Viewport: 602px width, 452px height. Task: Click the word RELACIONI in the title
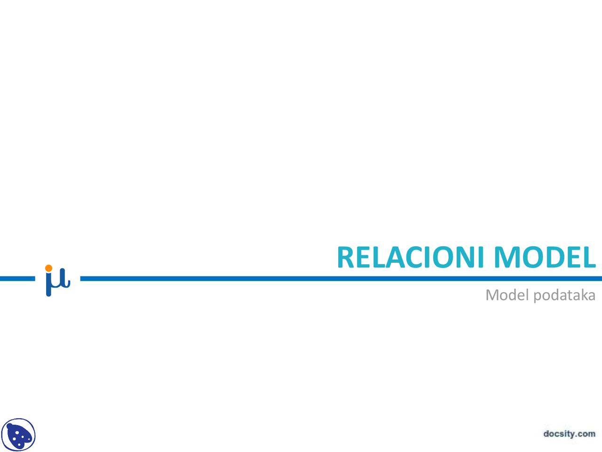pyautogui.click(x=410, y=257)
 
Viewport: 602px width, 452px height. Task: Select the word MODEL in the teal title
pyautogui.click(x=545, y=257)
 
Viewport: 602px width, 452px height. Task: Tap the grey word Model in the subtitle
pyautogui.click(x=507, y=295)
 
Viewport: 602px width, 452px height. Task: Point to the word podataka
pyautogui.click(x=564, y=296)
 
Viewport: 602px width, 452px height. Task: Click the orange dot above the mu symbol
pyautogui.click(x=48, y=268)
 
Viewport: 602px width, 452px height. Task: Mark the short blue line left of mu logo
pyautogui.click(x=17, y=279)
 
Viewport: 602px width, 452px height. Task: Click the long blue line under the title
pyautogui.click(x=341, y=279)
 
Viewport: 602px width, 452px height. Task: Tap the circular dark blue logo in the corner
pyautogui.click(x=18, y=435)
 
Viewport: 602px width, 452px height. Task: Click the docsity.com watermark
pyautogui.click(x=570, y=434)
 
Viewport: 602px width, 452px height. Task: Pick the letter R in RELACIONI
pyautogui.click(x=346, y=257)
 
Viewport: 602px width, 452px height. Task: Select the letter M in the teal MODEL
pyautogui.click(x=507, y=257)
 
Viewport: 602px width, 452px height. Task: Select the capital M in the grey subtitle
pyautogui.click(x=492, y=295)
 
